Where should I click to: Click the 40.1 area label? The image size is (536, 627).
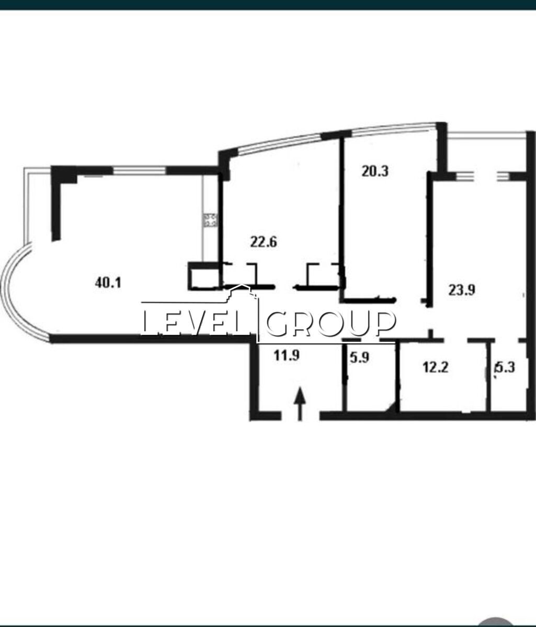pos(108,283)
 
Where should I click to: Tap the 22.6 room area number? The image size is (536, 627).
pos(264,242)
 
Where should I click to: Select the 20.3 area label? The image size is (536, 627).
pos(375,171)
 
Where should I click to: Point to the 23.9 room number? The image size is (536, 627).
pos(462,290)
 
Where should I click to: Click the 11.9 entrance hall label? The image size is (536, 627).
pos(287,355)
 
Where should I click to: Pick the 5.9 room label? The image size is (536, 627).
pos(359,357)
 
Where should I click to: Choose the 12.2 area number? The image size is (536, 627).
pos(436,368)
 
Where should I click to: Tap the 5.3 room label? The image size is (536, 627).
pos(505,368)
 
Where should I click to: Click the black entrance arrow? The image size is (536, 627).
pos(300,404)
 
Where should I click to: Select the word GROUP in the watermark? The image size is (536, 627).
pos(331,323)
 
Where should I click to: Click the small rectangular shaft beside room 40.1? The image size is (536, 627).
pos(203,276)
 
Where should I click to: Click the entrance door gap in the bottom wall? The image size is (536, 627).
pos(300,416)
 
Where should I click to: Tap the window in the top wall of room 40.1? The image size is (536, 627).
pos(140,170)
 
